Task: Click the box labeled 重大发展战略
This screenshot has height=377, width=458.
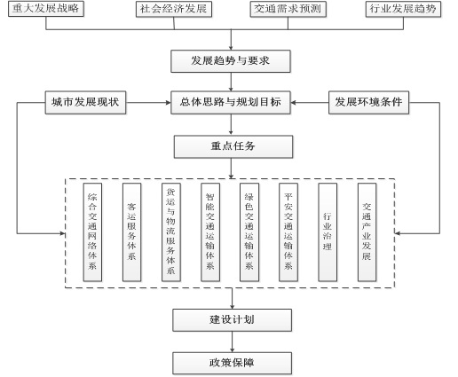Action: click(x=46, y=9)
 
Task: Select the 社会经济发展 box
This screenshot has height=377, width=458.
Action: click(x=174, y=9)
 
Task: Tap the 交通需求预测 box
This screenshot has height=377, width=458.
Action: click(x=288, y=9)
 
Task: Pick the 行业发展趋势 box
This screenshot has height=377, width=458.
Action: click(x=403, y=9)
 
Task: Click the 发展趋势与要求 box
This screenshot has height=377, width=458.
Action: click(x=231, y=61)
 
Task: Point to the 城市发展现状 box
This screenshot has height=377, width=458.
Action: click(x=85, y=103)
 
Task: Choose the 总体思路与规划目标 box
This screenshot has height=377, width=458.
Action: click(x=231, y=103)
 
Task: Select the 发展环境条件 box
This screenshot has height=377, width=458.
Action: click(x=368, y=103)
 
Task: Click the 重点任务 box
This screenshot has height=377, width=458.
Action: click(x=233, y=146)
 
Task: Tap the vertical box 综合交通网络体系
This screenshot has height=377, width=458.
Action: click(x=92, y=232)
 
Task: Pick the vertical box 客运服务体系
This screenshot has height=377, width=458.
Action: click(x=131, y=232)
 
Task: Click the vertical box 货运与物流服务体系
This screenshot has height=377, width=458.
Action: click(x=171, y=232)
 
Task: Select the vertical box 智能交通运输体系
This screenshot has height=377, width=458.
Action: click(x=210, y=232)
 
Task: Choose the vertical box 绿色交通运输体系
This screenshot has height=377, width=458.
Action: click(x=249, y=232)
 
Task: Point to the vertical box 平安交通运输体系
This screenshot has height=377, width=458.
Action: click(x=288, y=232)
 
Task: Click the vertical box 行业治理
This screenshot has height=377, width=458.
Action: click(x=328, y=232)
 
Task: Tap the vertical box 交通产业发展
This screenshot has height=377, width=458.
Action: click(x=367, y=232)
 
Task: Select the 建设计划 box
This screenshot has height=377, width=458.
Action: click(x=232, y=320)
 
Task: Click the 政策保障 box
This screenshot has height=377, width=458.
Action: click(x=232, y=363)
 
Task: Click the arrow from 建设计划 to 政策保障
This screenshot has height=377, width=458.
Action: click(x=232, y=342)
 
